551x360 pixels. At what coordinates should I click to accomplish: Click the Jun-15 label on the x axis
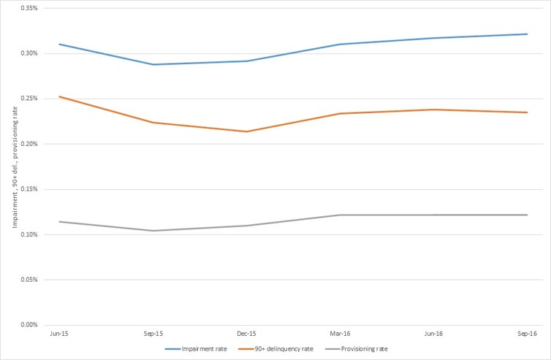coord(59,333)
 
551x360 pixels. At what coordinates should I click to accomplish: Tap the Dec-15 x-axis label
coord(246,333)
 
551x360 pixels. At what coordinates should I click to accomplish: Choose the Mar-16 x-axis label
coord(340,333)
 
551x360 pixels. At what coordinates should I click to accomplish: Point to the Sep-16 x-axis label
coord(527,333)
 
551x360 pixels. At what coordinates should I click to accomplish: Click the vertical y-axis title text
coord(14,166)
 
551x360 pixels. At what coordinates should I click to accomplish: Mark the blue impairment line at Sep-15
coord(153,64)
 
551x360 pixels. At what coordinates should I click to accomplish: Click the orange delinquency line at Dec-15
coord(246,131)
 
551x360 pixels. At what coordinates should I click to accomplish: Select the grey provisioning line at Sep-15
coord(153,231)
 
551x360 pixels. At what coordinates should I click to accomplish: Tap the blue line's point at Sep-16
coord(527,34)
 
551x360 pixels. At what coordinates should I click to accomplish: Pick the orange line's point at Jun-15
coord(59,96)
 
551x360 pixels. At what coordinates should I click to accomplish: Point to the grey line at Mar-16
coord(340,215)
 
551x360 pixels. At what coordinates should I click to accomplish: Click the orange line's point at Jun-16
coord(433,110)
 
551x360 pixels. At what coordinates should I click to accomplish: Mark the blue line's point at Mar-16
coord(340,44)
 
